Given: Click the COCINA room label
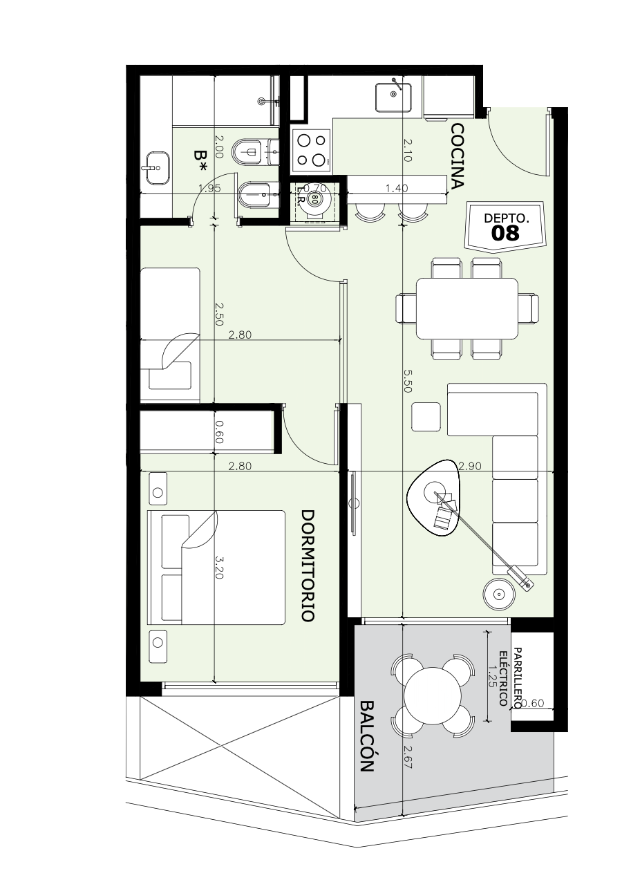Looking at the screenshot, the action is pyautogui.click(x=458, y=156).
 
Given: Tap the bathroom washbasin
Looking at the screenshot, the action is pyautogui.click(x=158, y=167).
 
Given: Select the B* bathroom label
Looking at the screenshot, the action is pyautogui.click(x=201, y=161).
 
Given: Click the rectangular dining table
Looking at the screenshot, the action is pyautogui.click(x=466, y=308).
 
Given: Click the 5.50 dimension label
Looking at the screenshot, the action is pyautogui.click(x=407, y=381).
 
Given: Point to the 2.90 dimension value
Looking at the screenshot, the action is pyautogui.click(x=470, y=465).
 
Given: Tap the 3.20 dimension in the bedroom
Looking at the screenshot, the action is pyautogui.click(x=219, y=567).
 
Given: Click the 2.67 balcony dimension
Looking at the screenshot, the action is pyautogui.click(x=407, y=757).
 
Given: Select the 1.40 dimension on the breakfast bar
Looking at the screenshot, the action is pyautogui.click(x=397, y=188).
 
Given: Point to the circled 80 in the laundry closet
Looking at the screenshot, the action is pyautogui.click(x=314, y=198).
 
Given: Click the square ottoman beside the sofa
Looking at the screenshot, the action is pyautogui.click(x=426, y=417).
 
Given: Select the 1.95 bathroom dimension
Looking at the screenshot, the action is pyautogui.click(x=209, y=188).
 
